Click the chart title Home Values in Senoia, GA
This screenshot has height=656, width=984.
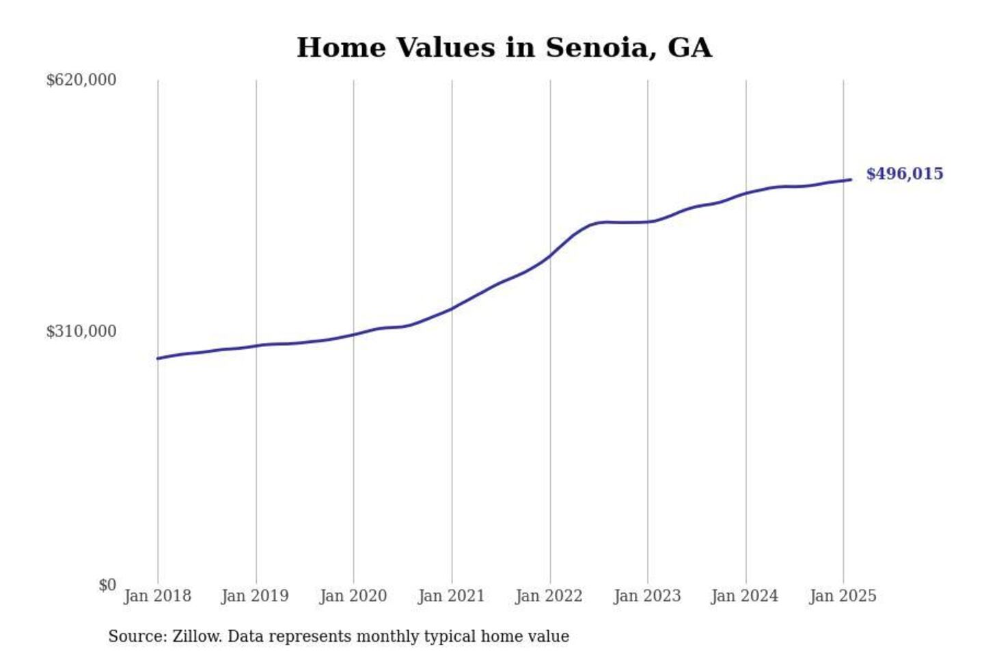click(x=504, y=48)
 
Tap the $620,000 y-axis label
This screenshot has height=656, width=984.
click(x=81, y=80)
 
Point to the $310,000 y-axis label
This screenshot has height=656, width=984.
click(x=81, y=331)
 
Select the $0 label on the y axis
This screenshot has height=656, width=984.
click(x=107, y=585)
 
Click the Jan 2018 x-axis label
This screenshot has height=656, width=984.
click(x=157, y=596)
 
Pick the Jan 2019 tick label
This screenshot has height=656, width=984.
click(x=255, y=596)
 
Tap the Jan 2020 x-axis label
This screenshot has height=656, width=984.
click(x=353, y=596)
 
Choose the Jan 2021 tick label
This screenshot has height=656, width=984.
click(x=451, y=596)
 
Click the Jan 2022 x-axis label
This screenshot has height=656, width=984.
click(x=549, y=596)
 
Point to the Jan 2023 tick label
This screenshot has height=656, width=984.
click(x=647, y=596)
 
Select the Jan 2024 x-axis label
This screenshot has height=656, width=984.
click(x=744, y=596)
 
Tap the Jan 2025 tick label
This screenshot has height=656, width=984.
click(x=843, y=596)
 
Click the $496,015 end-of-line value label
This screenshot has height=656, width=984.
click(x=904, y=174)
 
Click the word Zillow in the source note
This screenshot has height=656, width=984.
click(x=197, y=636)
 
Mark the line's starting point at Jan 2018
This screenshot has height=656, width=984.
click(x=158, y=358)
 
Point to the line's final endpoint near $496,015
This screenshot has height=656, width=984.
click(x=851, y=180)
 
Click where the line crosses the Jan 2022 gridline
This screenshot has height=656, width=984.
click(x=550, y=255)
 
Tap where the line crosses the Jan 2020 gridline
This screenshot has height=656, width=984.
click(x=353, y=334)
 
